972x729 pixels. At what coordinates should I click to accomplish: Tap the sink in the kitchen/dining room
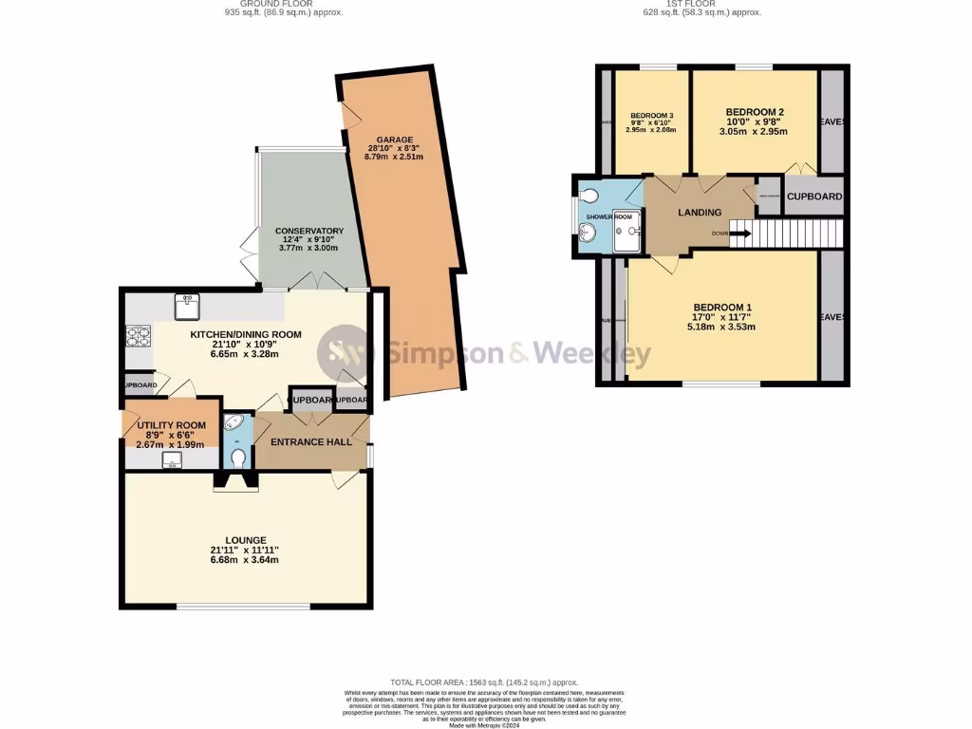point(184,306)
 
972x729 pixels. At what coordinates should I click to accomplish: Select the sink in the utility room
point(172,460)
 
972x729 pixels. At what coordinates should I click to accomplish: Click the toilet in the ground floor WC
point(236,458)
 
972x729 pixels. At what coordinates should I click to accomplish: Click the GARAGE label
point(394,140)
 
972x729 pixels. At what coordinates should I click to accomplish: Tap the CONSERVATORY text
point(309,231)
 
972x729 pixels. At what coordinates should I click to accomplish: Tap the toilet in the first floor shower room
point(591,196)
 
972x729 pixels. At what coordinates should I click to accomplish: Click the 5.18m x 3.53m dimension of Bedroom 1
point(722,328)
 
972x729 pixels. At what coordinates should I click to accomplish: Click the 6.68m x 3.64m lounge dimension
point(245,560)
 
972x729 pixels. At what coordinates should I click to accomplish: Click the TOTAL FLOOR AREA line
point(484,682)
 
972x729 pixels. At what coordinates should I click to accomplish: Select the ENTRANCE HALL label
point(311,442)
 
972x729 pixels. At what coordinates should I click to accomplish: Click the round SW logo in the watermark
point(343,354)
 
